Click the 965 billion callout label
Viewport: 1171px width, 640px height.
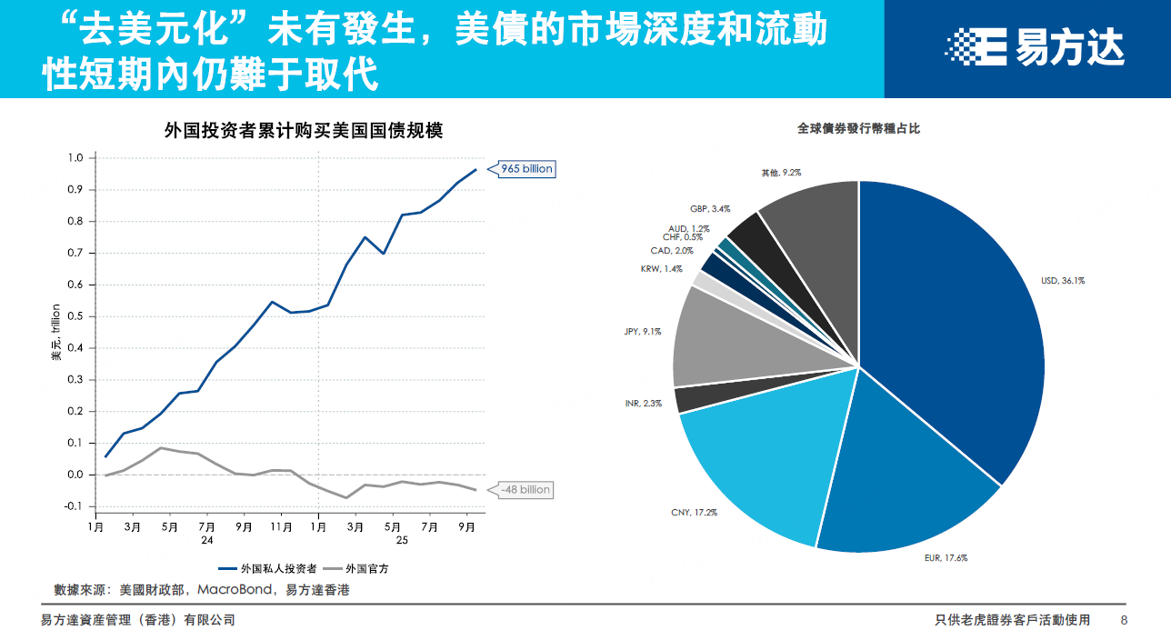pos(526,168)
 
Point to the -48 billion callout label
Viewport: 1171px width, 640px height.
pos(525,489)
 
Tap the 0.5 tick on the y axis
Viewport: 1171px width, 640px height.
pos(76,316)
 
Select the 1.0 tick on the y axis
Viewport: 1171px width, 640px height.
pos(76,158)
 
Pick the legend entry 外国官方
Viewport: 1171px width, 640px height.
pos(367,569)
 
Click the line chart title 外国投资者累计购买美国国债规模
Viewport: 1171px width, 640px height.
pos(304,130)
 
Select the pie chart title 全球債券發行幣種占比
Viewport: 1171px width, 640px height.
pos(858,129)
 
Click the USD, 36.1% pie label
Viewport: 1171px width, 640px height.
pos(1062,281)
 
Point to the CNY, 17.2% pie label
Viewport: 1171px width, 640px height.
pos(693,513)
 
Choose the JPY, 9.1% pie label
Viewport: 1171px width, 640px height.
pos(643,331)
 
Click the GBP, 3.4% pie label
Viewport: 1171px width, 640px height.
pos(709,209)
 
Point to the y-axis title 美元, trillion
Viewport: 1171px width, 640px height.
pos(56,333)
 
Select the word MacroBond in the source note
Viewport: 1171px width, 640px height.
pos(234,590)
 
